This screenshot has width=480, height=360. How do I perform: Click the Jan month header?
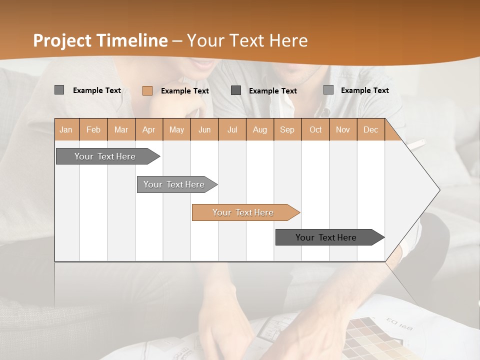click(x=66, y=129)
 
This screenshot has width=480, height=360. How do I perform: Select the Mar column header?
click(x=121, y=129)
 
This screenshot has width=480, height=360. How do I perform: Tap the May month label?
click(x=176, y=129)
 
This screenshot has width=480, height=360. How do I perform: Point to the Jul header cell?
click(x=232, y=129)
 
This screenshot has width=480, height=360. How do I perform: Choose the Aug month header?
click(x=259, y=129)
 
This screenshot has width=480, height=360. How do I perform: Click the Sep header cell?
click(x=287, y=129)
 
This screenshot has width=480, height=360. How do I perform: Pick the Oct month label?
click(x=315, y=129)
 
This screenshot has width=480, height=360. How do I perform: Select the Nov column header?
click(x=342, y=129)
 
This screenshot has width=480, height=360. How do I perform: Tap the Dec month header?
click(x=370, y=129)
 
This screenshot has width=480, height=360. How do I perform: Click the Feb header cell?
click(x=93, y=129)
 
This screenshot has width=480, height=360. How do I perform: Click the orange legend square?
click(x=147, y=90)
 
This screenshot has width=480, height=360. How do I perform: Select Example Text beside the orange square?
click(x=184, y=91)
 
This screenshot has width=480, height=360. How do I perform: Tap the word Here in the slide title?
click(x=288, y=40)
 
